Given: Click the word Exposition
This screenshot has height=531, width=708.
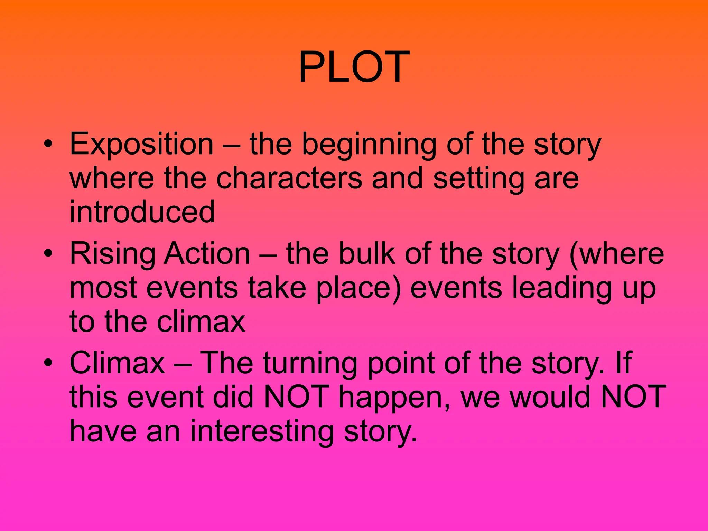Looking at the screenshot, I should pos(141,145).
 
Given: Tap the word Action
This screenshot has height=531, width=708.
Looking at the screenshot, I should pos(207,253).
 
